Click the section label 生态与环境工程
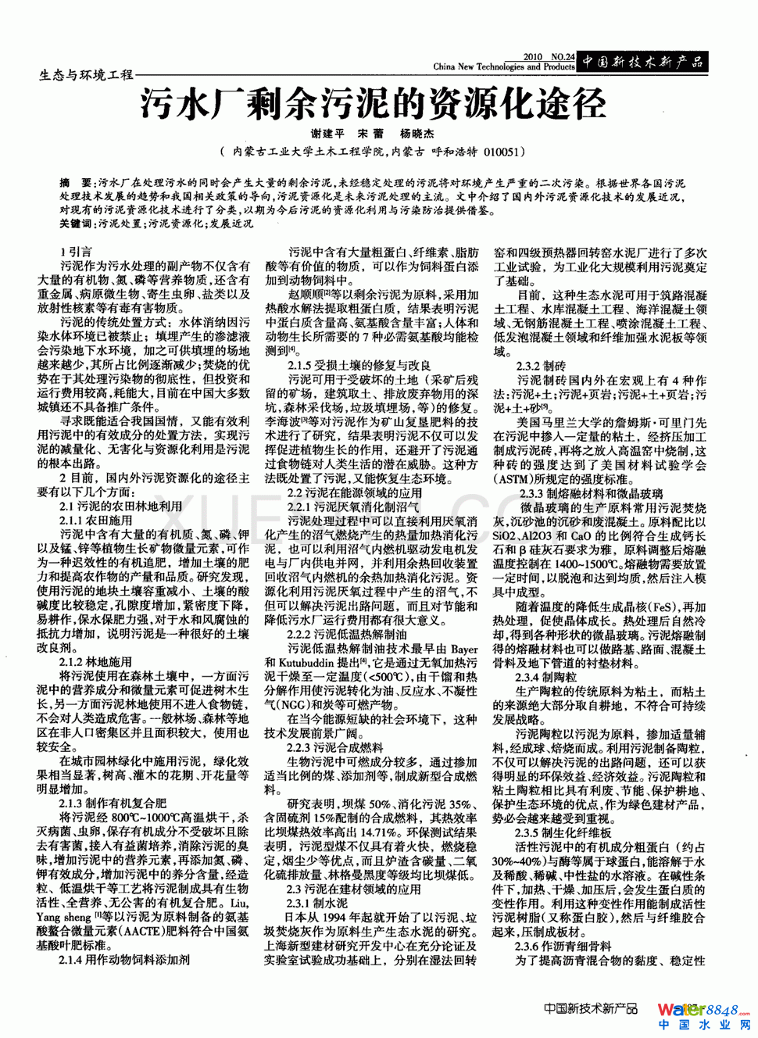[86, 75]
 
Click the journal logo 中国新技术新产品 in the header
[642, 62]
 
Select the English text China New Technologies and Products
[503, 67]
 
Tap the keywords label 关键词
[77, 224]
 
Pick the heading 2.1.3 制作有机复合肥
[113, 803]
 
